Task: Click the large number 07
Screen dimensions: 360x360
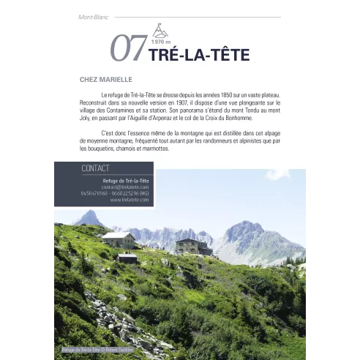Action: (127, 49)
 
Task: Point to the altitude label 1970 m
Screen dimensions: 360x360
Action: (159, 42)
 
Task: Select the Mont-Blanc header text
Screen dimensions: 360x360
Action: (93, 17)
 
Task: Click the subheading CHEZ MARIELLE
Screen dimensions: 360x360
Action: (105, 79)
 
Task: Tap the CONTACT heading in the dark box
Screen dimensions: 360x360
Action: (96, 168)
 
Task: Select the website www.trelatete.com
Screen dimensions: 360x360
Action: (130, 199)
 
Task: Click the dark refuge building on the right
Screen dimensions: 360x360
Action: (192, 247)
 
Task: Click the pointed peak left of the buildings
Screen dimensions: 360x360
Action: (91, 217)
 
